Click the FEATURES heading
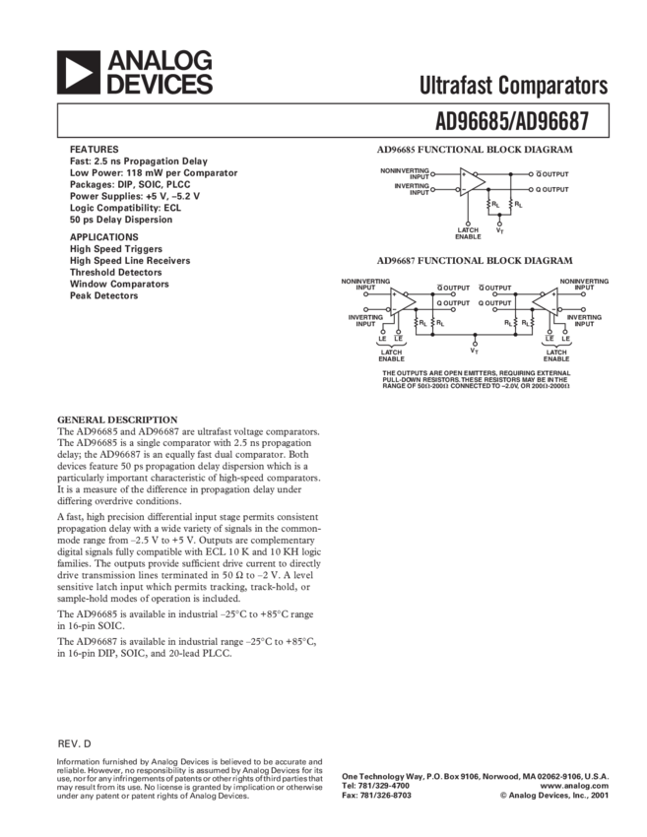[95, 148]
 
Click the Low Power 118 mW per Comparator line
[153, 171]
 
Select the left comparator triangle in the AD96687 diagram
[401, 304]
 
